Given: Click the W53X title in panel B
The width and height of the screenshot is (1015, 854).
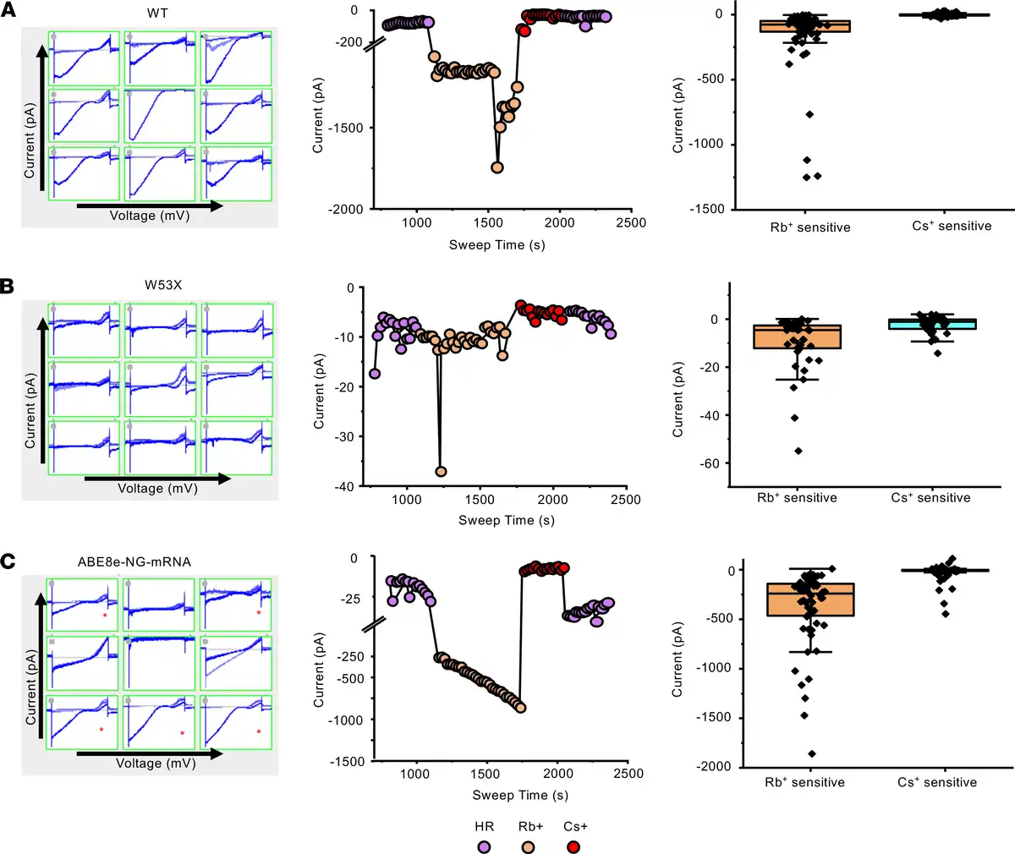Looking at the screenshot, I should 162,285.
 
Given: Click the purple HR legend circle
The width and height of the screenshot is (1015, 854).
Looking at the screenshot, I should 484,846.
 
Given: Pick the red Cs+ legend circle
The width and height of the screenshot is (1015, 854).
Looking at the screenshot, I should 574,846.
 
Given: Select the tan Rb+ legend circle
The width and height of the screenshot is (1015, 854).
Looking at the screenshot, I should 529,846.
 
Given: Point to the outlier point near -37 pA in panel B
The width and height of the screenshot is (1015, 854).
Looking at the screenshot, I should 441,472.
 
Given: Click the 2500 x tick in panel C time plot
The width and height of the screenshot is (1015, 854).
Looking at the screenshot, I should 627,773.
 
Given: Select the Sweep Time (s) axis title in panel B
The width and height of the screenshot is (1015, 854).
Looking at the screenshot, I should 506,520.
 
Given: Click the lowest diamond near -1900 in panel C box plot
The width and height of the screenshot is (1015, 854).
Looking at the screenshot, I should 811,753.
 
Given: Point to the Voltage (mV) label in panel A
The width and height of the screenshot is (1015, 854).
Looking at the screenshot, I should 150,216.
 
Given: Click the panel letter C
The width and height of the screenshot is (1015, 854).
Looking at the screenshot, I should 8,561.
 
